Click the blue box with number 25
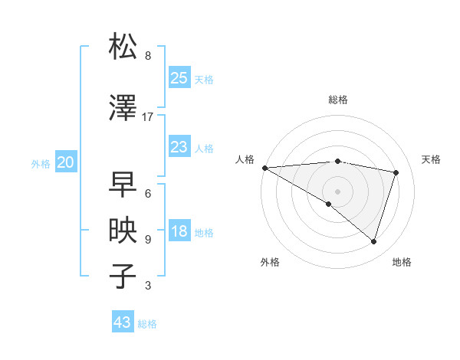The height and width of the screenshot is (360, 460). (x=179, y=78)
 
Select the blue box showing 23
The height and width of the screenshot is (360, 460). (x=179, y=147)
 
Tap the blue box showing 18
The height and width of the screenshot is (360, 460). (x=179, y=232)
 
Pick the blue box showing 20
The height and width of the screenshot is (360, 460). (x=66, y=162)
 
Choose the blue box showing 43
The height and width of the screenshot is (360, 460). (x=123, y=322)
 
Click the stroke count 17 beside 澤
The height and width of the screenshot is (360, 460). (x=148, y=117)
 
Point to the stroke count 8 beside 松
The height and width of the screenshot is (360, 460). (x=148, y=56)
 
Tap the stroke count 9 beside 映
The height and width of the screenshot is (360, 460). (x=148, y=240)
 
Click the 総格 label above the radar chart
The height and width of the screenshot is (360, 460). (x=337, y=100)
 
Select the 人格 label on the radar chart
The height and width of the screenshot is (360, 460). (x=245, y=159)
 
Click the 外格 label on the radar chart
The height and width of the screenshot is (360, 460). (x=270, y=263)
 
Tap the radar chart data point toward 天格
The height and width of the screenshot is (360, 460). (x=396, y=172)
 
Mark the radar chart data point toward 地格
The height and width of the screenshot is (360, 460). (x=373, y=241)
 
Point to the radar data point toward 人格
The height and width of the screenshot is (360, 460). (x=264, y=167)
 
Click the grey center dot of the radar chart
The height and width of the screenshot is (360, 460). (x=337, y=191)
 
